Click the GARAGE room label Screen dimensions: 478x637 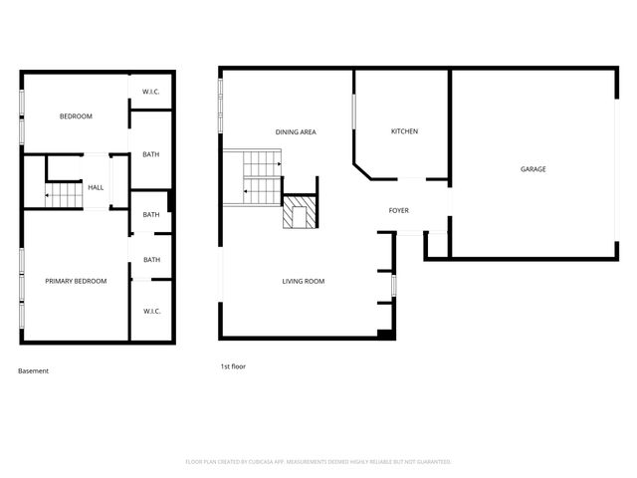click(532, 169)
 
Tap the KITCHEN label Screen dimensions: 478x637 click(404, 131)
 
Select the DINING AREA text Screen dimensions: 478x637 click(296, 131)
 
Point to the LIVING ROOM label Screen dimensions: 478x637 click(303, 281)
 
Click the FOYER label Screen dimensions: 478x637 click(398, 210)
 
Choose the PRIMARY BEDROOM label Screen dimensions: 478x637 click(76, 281)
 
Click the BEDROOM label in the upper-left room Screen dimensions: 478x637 click(76, 117)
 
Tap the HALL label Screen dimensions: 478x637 click(96, 187)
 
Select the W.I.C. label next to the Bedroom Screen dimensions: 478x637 click(151, 93)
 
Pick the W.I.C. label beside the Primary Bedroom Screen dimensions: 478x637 click(151, 311)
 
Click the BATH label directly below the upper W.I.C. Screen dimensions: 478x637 click(151, 154)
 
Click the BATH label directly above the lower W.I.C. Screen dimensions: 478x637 click(151, 260)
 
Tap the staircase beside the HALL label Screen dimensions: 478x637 click(64, 195)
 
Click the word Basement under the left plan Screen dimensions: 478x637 click(33, 371)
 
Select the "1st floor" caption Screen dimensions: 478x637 click(233, 366)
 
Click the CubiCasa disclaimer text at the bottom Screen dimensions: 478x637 click(318, 462)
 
